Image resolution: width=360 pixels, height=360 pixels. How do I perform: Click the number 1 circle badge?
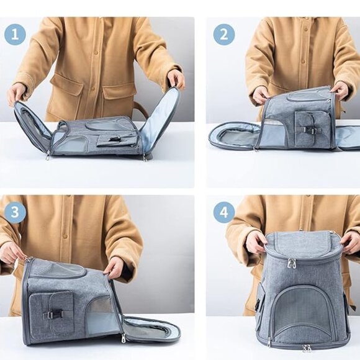[x=15, y=34]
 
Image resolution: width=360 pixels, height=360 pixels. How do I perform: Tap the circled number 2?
[x=224, y=34]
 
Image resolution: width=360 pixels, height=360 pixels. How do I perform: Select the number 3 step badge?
[x=15, y=212]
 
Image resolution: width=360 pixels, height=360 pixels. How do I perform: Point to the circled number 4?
[x=224, y=212]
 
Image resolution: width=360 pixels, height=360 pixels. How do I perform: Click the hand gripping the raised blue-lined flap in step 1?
[x=176, y=79]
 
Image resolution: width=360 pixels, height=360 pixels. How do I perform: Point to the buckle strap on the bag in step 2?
[x=308, y=130]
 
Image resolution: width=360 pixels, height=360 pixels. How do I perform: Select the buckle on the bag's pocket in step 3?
[x=52, y=314]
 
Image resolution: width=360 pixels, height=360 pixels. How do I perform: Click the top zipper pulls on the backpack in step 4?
[x=292, y=263]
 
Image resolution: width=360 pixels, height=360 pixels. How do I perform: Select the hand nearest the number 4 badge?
[x=255, y=241]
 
